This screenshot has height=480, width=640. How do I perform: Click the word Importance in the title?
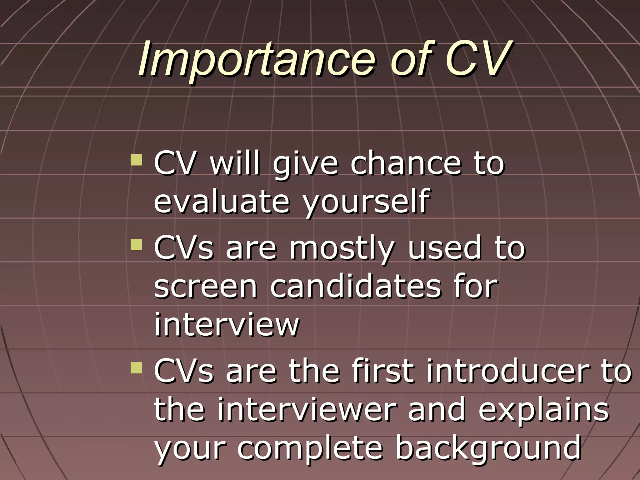[256, 59]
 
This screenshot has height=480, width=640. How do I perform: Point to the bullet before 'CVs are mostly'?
[136, 245]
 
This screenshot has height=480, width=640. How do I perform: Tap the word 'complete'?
[310, 449]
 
